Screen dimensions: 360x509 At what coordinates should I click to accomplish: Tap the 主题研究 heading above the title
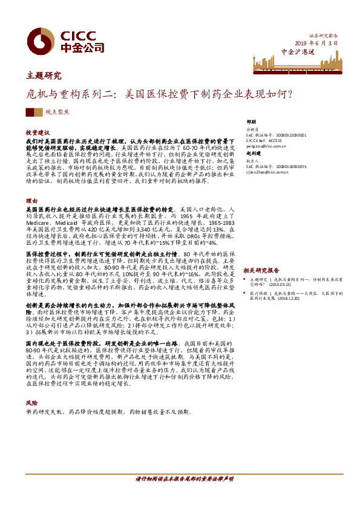pyautogui.click(x=44, y=76)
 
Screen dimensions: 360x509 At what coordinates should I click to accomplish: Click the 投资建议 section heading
pyautogui.click(x=38, y=131)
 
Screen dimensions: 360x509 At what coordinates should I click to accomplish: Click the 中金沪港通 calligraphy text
pyautogui.click(x=298, y=52)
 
